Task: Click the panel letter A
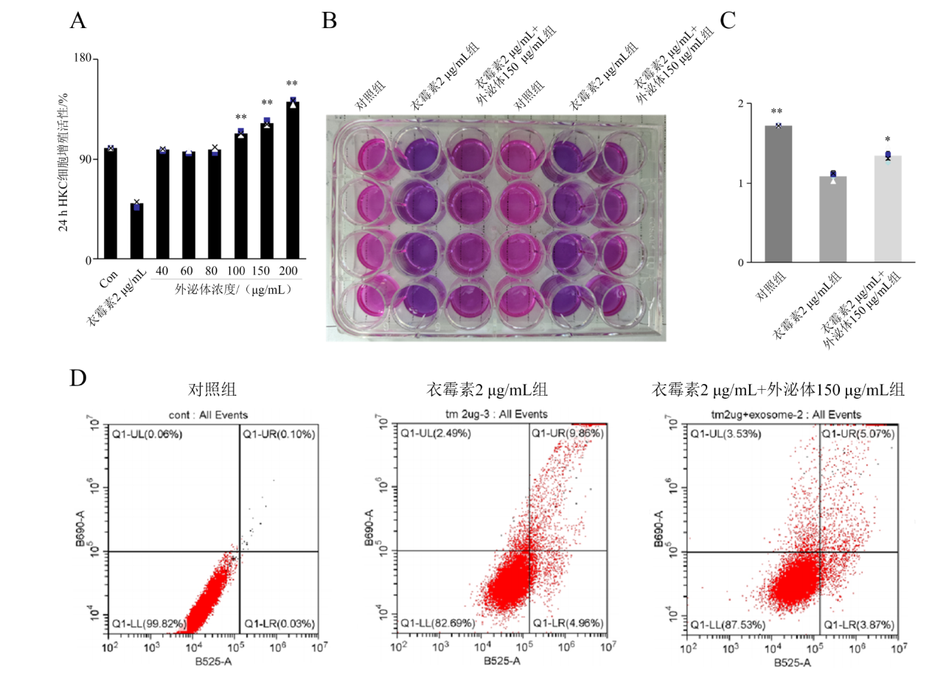[77, 21]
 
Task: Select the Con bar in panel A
[111, 204]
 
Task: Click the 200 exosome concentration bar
[292, 181]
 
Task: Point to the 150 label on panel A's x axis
[266, 271]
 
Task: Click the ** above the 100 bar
[240, 118]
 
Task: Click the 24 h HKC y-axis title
[63, 159]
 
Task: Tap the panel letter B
[330, 21]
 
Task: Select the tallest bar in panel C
[778, 194]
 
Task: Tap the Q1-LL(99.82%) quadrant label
[147, 623]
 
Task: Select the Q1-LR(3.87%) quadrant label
[858, 623]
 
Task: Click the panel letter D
[78, 379]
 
